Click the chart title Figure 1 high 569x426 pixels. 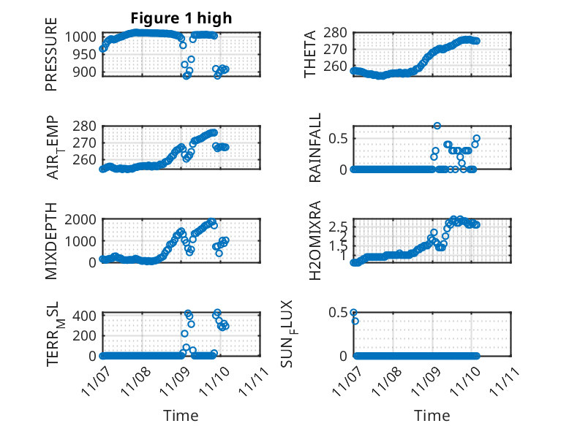click(x=181, y=18)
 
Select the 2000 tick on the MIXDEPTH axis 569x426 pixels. click(x=82, y=219)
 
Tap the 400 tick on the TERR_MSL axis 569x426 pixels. click(x=86, y=316)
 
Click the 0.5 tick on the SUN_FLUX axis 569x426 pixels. click(x=337, y=313)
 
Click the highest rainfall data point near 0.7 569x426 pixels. click(x=437, y=126)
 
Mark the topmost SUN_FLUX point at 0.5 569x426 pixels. click(x=353, y=313)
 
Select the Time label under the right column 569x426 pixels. click(x=432, y=415)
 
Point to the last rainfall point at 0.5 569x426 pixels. click(x=476, y=138)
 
